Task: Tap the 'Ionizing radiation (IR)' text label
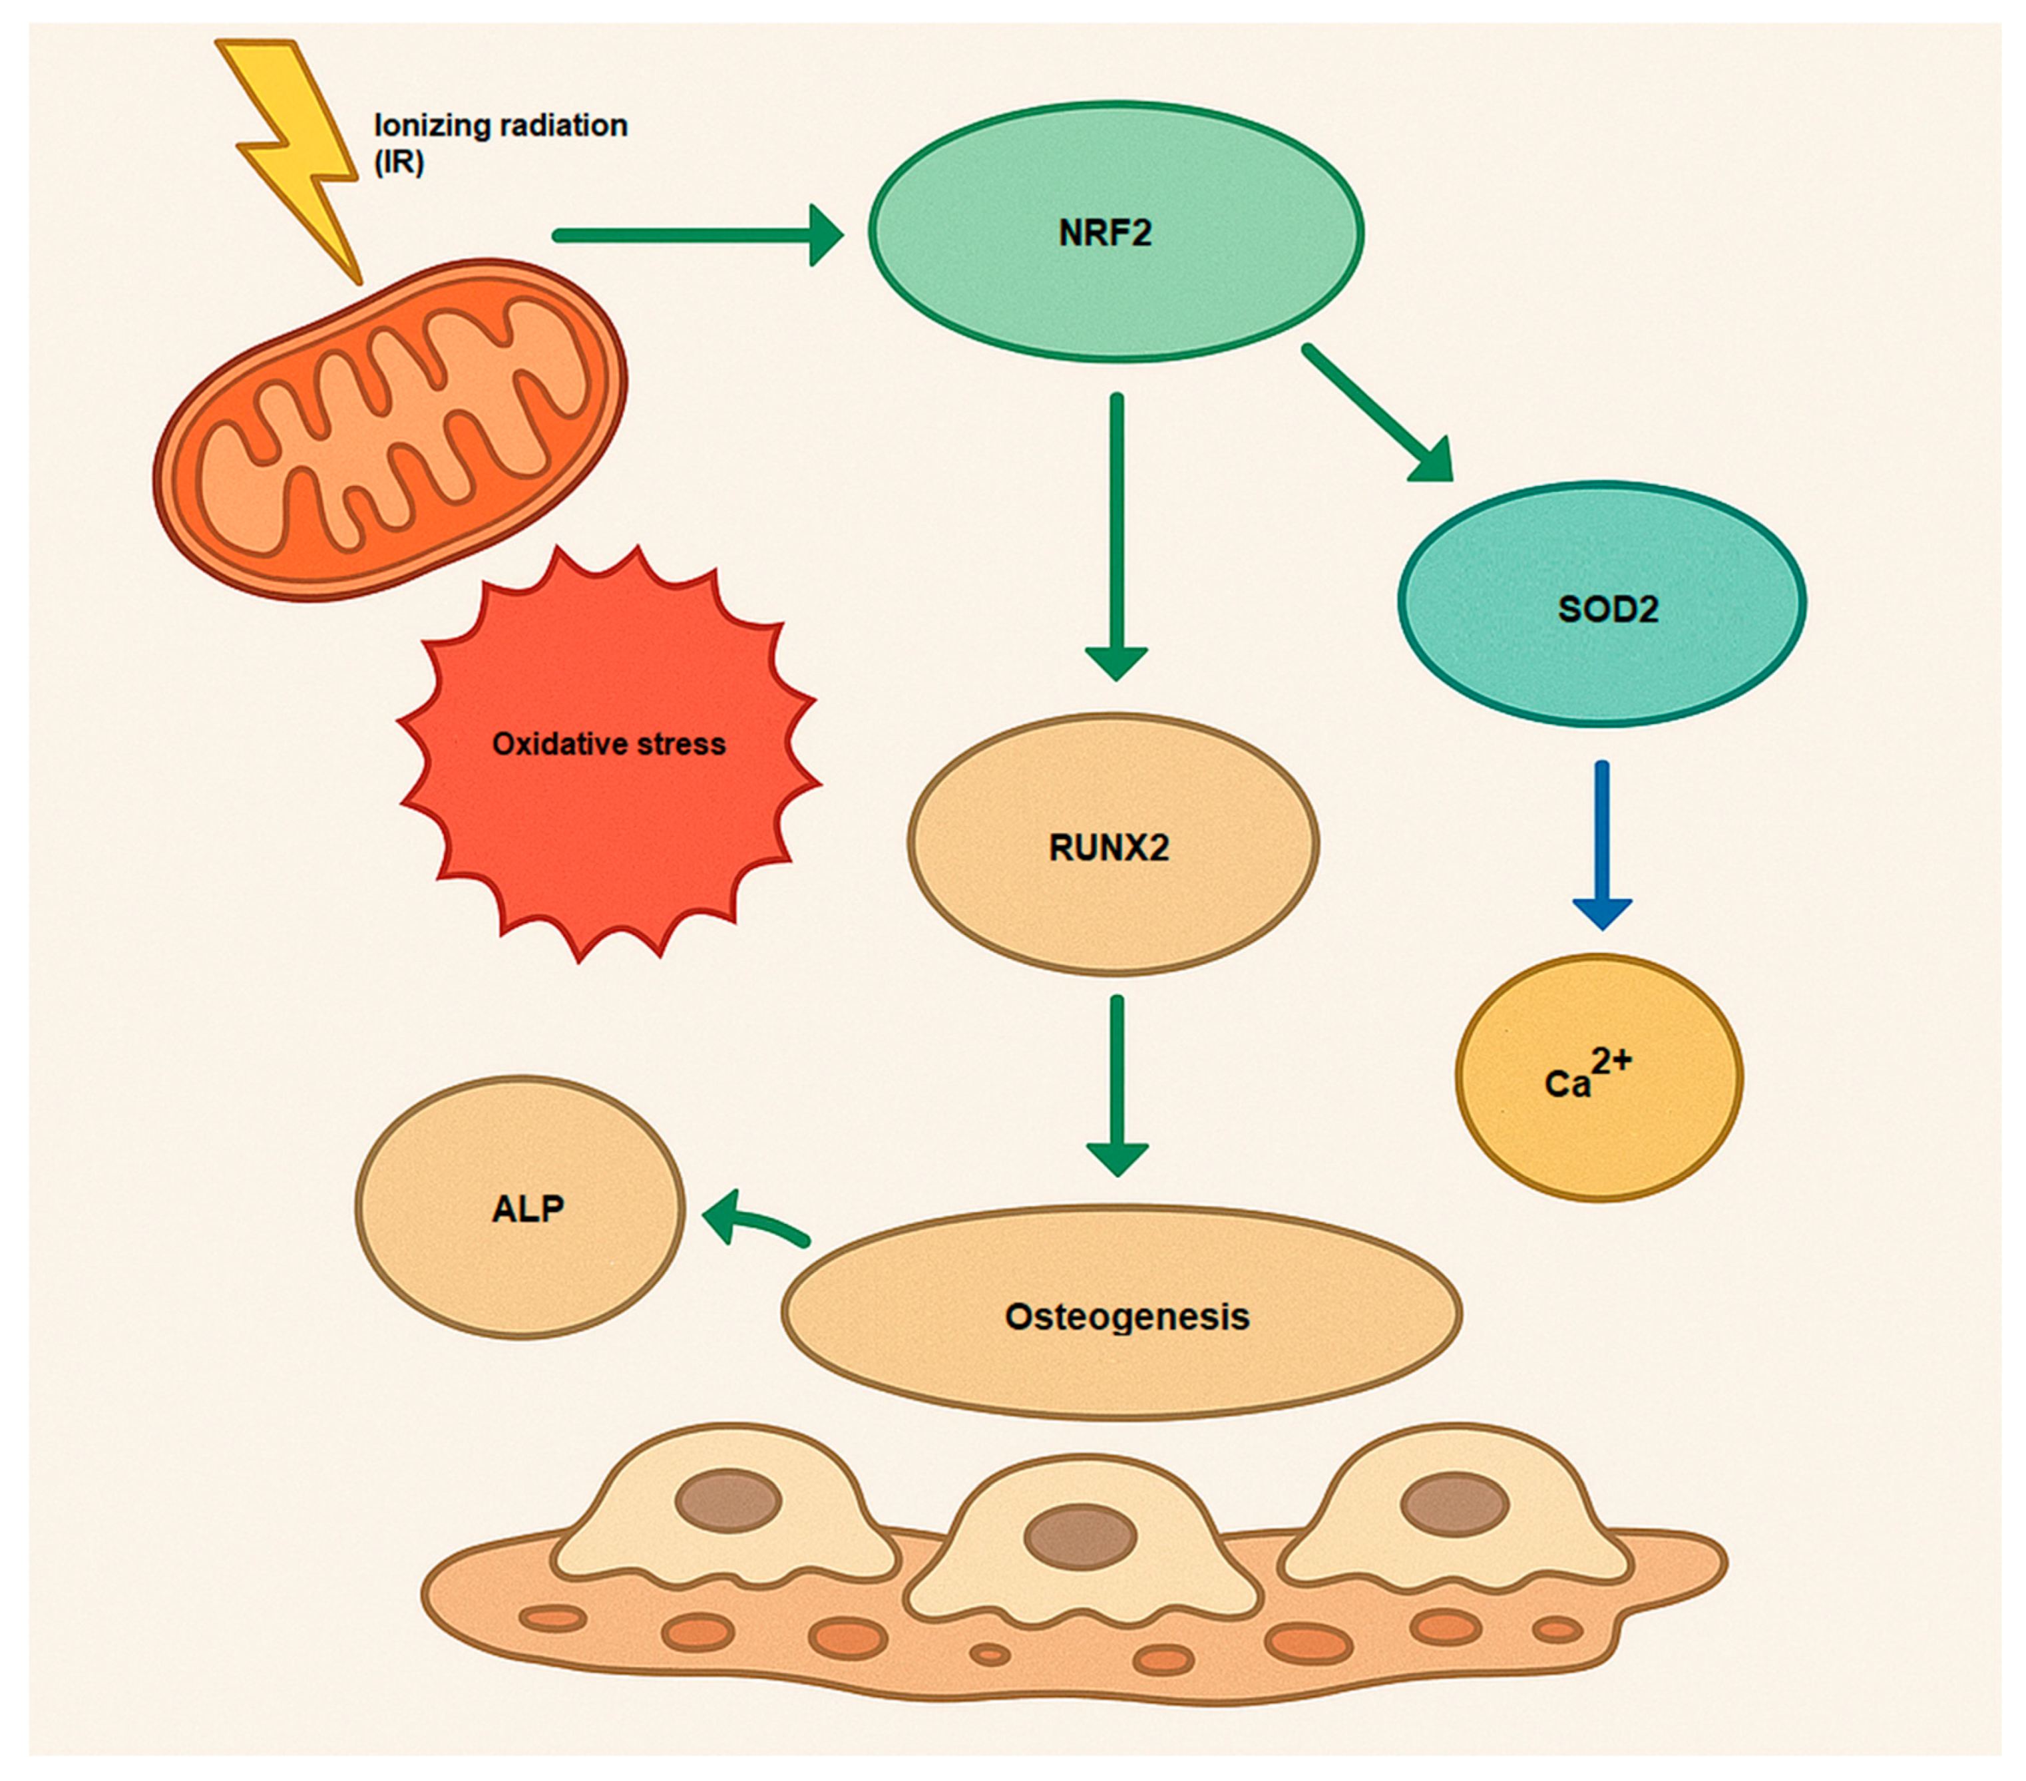click(501, 142)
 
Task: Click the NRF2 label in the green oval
click(1105, 233)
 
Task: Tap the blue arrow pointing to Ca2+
click(1602, 843)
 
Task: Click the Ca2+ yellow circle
click(1598, 1078)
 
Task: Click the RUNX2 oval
click(1112, 845)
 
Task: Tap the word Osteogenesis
click(1127, 1317)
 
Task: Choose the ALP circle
click(520, 1208)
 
